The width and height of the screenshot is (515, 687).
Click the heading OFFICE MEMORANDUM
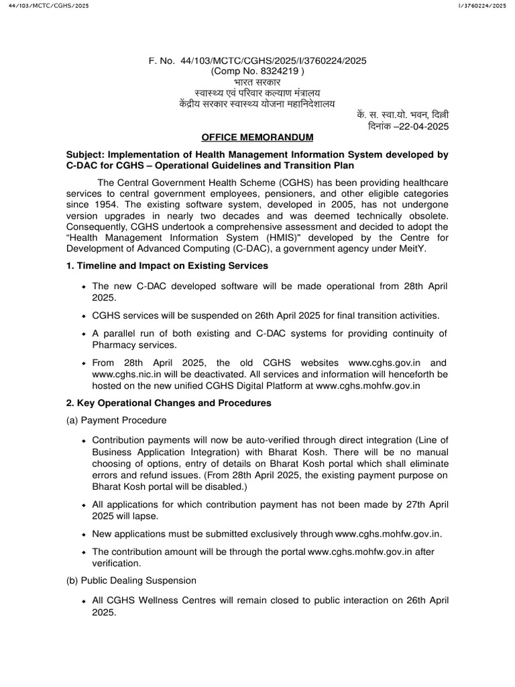coord(257,138)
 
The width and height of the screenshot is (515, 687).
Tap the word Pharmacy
coord(112,345)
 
